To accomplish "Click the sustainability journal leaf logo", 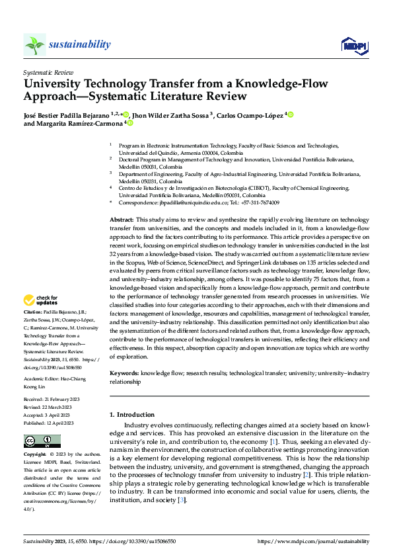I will tap(34, 44).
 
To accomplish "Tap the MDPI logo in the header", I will tap(354, 44).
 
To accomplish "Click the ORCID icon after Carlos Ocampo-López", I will tap(291, 114).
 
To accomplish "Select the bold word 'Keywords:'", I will tap(124, 373).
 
